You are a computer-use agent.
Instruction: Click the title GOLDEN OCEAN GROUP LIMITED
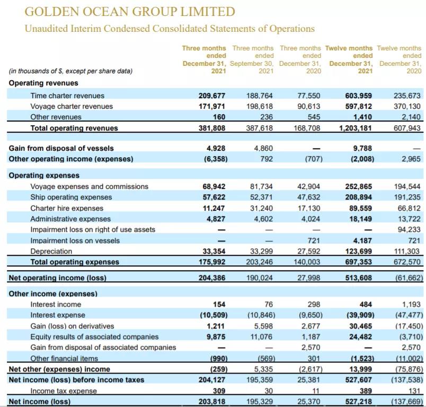coord(130,11)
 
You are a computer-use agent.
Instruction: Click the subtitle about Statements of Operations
coord(170,28)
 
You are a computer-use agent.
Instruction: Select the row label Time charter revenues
coord(67,96)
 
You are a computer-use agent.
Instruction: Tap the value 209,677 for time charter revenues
coord(211,96)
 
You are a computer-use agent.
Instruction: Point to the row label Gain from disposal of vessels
coord(61,148)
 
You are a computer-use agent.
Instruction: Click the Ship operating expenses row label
coord(71,197)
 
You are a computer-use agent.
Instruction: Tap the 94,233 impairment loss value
coord(409,229)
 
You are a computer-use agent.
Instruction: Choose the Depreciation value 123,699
coord(358,251)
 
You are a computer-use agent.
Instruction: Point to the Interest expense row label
coord(57,315)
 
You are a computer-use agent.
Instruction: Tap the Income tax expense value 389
coord(365,391)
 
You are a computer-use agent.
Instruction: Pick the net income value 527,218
coord(358,402)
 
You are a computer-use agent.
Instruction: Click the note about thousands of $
coord(70,71)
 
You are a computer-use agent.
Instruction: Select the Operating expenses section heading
coord(44,175)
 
